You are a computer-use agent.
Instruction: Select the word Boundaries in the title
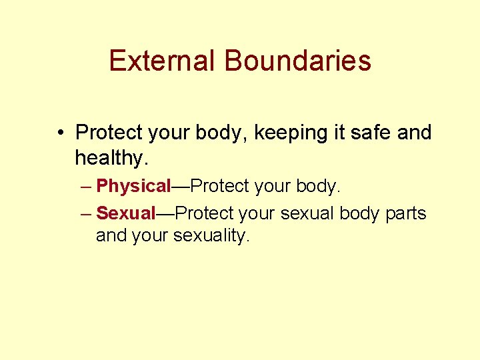[297, 61]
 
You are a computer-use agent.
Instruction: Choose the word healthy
[111, 158]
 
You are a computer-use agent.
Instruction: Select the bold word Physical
[134, 186]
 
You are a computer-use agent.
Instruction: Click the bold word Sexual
[125, 213]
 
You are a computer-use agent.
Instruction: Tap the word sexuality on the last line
[211, 235]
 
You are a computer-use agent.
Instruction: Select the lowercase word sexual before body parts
[307, 213]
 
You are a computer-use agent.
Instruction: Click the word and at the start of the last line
[109, 235]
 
